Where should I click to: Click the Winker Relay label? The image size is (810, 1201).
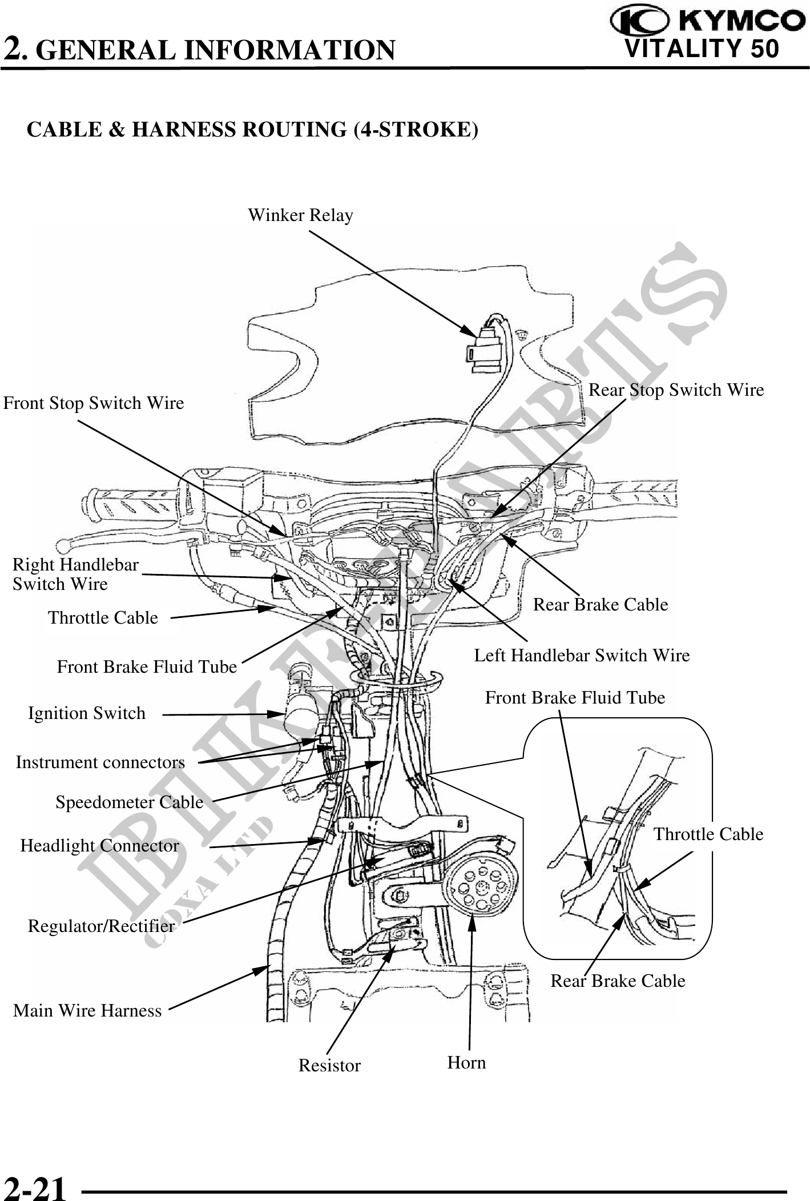tap(300, 215)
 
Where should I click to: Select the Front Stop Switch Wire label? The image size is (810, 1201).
tap(94, 403)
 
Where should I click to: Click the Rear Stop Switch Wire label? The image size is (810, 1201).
tap(676, 390)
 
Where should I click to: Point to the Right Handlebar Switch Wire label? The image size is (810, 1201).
tap(75, 574)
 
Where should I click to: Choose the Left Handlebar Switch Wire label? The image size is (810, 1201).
tap(582, 655)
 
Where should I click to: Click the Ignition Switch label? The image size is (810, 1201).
tap(87, 713)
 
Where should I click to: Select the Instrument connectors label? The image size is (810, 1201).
tap(100, 762)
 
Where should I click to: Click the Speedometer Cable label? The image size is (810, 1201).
tap(129, 802)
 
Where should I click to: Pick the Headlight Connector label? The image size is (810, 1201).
tap(100, 845)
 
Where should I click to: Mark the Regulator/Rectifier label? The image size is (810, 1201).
tap(101, 926)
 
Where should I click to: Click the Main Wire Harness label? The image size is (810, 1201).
tap(87, 1011)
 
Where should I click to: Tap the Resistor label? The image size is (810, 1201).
tap(329, 1066)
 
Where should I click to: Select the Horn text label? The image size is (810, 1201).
tap(466, 1063)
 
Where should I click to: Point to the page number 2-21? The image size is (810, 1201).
tap(35, 1187)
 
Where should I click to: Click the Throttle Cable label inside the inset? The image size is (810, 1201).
tap(708, 834)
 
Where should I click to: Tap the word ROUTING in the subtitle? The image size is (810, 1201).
tap(295, 130)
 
